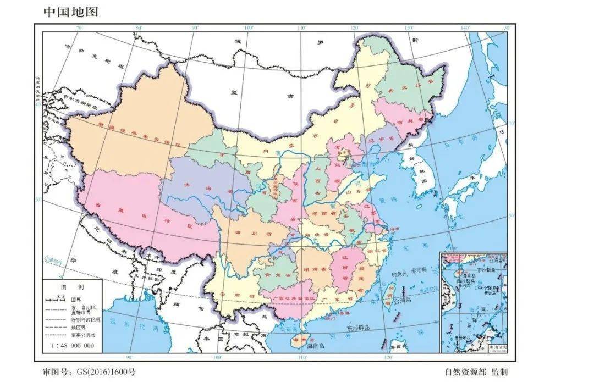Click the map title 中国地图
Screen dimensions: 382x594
[70, 12]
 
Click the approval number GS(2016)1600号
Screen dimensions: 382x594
[89, 372]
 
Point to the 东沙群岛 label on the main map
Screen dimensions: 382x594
[359, 328]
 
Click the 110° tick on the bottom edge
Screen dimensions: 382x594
[302, 357]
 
